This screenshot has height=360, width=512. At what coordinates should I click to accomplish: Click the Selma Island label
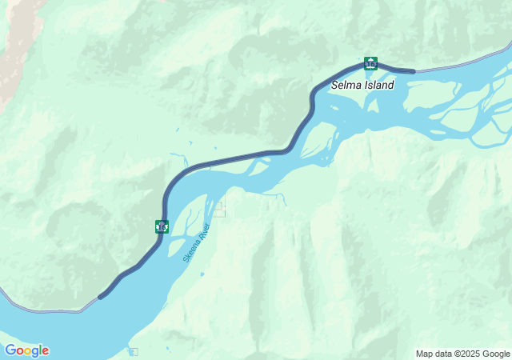tap(363, 84)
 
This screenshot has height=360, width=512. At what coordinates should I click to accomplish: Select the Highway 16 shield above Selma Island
tap(370, 63)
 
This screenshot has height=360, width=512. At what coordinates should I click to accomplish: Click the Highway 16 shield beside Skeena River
tap(162, 226)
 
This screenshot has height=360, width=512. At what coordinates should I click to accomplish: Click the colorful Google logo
tap(26, 350)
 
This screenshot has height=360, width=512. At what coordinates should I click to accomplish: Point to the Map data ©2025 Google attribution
tap(462, 354)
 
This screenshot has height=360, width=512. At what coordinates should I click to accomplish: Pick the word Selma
tap(347, 84)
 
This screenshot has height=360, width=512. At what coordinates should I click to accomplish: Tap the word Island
tap(379, 84)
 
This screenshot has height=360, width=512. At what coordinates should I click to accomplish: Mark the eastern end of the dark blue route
tap(414, 71)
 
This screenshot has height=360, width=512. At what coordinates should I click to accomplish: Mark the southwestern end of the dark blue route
tap(100, 298)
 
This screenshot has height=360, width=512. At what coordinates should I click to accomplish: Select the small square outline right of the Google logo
tap(134, 351)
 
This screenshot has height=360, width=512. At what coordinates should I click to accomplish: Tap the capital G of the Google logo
tap(10, 350)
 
